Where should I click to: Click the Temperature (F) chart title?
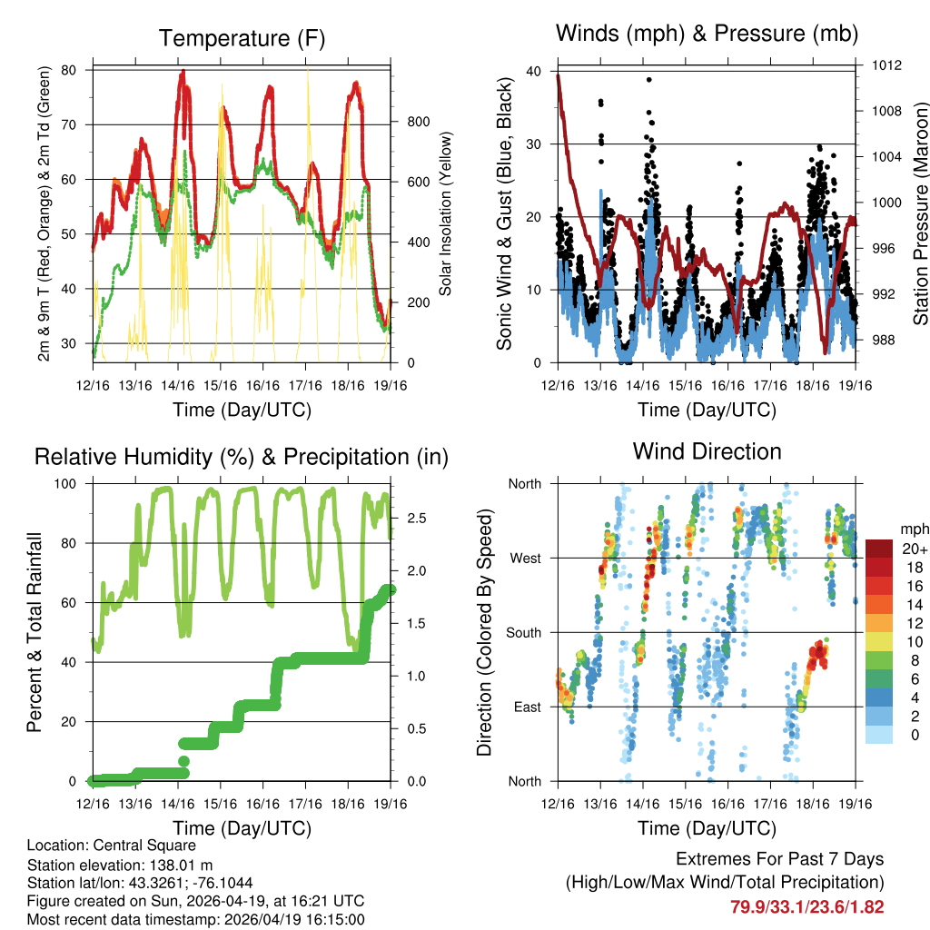pyautogui.click(x=242, y=38)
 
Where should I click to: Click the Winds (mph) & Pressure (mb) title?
pyautogui.click(x=707, y=34)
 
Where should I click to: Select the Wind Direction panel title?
pyautogui.click(x=707, y=451)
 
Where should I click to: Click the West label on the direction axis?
pyautogui.click(x=524, y=558)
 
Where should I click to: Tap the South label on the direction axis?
pyautogui.click(x=523, y=632)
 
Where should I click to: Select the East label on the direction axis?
pyautogui.click(x=525, y=707)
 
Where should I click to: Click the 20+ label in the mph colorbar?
pyautogui.click(x=914, y=549)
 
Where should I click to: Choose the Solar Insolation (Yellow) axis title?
pyautogui.click(x=446, y=214)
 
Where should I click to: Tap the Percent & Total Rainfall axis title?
pyautogui.click(x=34, y=632)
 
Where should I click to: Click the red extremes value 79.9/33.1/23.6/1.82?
pyautogui.click(x=807, y=906)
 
